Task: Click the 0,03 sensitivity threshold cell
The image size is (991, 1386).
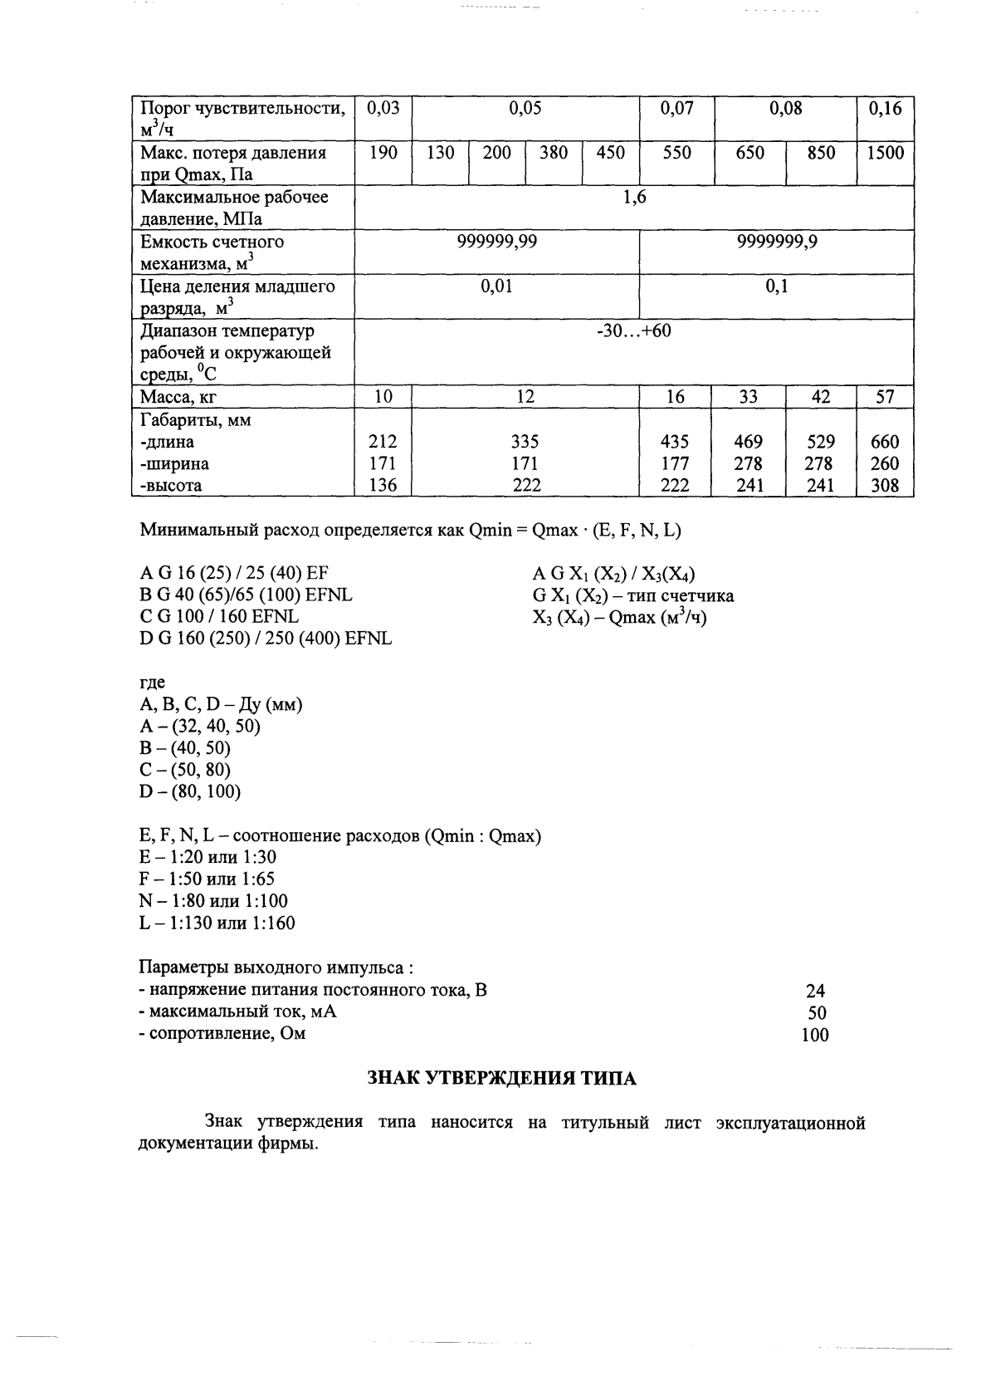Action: point(383,108)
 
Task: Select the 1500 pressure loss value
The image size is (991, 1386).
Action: point(885,153)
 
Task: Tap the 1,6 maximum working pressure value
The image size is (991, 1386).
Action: point(634,198)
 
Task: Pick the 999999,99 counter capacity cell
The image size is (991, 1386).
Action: point(496,242)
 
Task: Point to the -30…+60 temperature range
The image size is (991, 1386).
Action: point(634,331)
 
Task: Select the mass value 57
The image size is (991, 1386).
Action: point(885,398)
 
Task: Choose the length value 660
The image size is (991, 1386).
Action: point(885,443)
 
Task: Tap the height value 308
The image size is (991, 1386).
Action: point(885,486)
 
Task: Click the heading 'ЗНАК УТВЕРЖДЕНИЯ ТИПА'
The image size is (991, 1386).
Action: point(501,1079)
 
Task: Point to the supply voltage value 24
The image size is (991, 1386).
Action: point(815,991)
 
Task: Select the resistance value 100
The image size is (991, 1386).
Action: point(815,1035)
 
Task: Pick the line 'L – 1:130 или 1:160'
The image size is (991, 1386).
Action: point(217,923)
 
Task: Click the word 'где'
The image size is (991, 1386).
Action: point(153,683)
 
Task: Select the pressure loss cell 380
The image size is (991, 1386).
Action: point(554,153)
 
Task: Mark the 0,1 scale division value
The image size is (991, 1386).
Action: point(776,287)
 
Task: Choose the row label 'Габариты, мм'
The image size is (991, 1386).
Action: point(196,420)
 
